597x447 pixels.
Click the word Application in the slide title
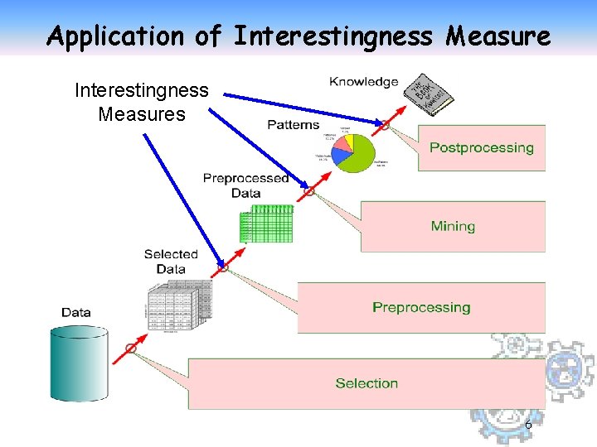pos(115,36)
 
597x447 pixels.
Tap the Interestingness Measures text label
pos(142,102)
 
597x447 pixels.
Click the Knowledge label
pos(364,81)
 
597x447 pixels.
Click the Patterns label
pos(294,124)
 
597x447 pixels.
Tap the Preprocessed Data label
pos(245,185)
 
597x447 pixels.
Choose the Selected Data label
pos(171,262)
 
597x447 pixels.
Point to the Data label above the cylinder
pos(76,312)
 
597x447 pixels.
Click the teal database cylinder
pos(80,363)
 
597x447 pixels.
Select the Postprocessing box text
pos(481,148)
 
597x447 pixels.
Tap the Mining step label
pos(453,226)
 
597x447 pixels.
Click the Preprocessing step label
pos(421,307)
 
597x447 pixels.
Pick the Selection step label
pos(366,383)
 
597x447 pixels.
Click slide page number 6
pos(528,425)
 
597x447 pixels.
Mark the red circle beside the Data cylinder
pos(131,348)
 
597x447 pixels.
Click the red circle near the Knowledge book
pos(385,125)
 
